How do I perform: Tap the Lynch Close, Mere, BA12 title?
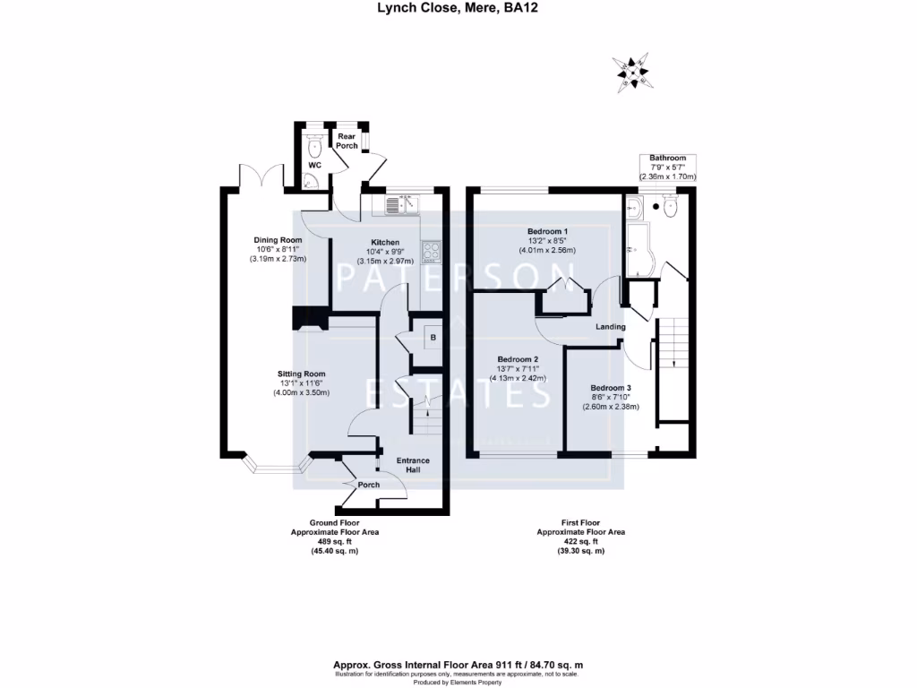458,8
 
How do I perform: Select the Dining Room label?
278,240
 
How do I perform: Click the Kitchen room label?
389,242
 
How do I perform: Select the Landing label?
611,327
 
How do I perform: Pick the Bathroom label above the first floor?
667,158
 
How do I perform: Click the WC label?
314,166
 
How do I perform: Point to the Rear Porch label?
347,140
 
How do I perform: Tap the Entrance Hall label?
414,465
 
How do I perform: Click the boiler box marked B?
433,338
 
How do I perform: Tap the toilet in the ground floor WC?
313,145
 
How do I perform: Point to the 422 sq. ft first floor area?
580,541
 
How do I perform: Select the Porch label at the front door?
368,485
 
